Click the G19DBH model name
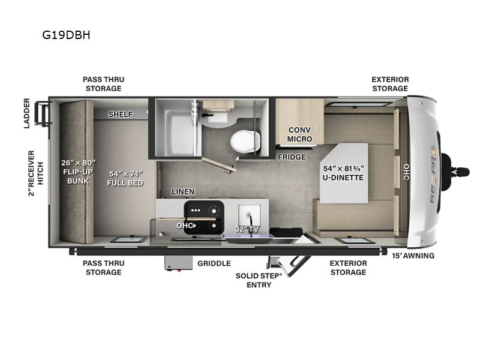[66, 35]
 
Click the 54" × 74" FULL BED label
[125, 178]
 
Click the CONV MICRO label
[299, 134]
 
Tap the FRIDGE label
[292, 157]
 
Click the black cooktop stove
[203, 211]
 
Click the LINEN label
[182, 192]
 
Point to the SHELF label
[121, 115]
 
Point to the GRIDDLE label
[214, 263]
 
